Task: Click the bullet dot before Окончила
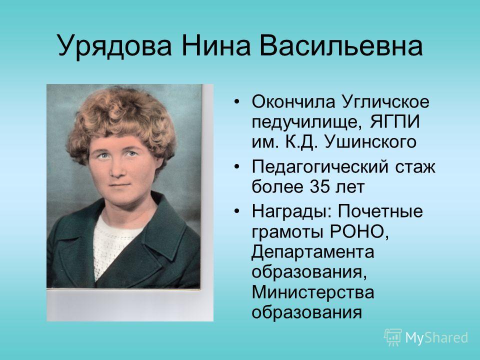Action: (x=236, y=101)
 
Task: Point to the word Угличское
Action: (x=385, y=101)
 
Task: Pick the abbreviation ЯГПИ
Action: (x=395, y=122)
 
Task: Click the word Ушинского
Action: (x=370, y=141)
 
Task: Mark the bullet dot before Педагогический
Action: (x=236, y=166)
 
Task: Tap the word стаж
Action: (x=415, y=167)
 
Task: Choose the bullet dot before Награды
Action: (x=236, y=211)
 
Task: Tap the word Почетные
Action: (x=380, y=211)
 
